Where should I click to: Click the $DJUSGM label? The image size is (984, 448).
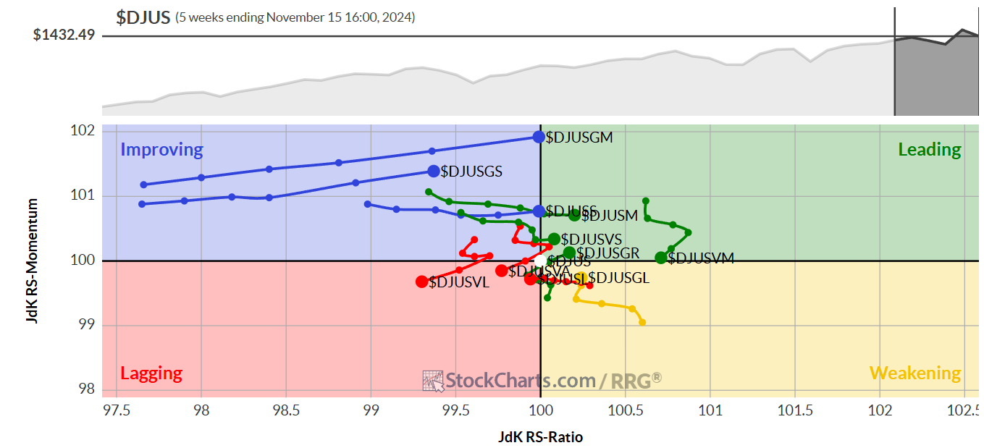(579, 138)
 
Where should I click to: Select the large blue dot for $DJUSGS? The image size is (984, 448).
(434, 172)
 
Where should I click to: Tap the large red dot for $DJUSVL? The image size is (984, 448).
(422, 282)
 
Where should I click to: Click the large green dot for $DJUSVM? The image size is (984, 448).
(660, 258)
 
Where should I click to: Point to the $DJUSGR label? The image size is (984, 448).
(607, 253)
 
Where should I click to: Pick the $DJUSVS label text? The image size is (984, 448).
(591, 239)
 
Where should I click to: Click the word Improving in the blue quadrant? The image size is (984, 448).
(161, 150)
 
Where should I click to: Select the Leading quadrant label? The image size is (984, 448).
(929, 150)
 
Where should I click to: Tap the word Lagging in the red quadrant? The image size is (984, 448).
(151, 373)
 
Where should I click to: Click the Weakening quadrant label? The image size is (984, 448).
(914, 373)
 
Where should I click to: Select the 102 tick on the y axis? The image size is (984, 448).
(84, 131)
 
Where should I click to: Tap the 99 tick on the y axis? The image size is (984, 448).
(87, 325)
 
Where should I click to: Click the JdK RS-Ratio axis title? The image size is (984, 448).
(540, 437)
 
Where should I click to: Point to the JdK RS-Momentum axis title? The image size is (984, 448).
(33, 261)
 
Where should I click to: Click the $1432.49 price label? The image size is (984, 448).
(64, 35)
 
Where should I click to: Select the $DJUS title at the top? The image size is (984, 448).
(143, 17)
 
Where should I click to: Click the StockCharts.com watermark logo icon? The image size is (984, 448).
(433, 381)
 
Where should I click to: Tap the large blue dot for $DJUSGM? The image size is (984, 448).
(539, 137)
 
